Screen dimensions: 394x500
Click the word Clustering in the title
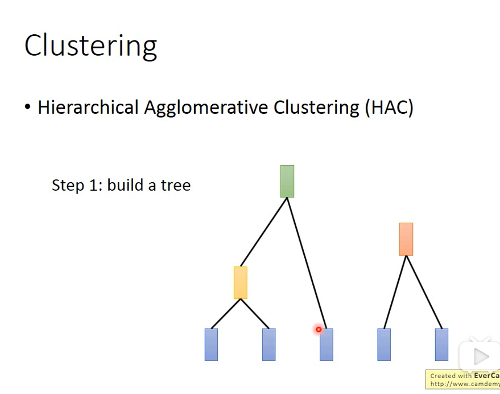(x=91, y=46)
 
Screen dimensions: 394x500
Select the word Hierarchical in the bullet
(x=88, y=107)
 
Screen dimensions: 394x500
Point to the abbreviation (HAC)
(x=389, y=107)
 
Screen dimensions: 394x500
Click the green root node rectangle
(x=287, y=181)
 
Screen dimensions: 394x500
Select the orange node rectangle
(x=406, y=239)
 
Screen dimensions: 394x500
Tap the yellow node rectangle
(x=241, y=282)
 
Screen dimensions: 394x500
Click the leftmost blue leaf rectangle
(x=211, y=344)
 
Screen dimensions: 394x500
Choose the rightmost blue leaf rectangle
(x=441, y=344)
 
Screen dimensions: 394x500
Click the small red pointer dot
(x=319, y=329)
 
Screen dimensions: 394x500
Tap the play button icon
(x=481, y=357)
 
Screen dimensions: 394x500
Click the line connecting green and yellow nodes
(x=264, y=232)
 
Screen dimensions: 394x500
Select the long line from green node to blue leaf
(x=307, y=264)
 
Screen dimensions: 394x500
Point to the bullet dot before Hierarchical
(x=28, y=108)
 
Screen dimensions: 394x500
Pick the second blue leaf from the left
(x=269, y=344)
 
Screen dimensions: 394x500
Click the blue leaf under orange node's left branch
(x=384, y=344)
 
